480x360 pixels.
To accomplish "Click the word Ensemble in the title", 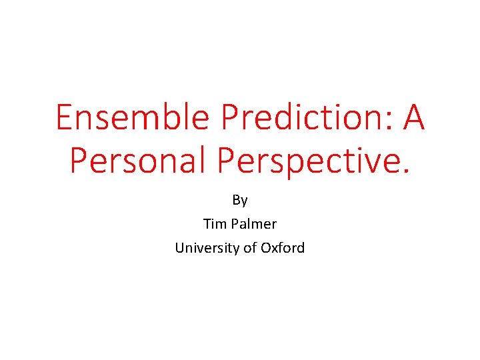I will [133, 118].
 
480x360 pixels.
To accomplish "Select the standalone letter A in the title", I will [413, 118].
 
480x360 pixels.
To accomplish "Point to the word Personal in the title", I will [140, 161].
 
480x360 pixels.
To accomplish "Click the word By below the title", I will [240, 200].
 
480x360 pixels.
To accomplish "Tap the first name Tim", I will [214, 223].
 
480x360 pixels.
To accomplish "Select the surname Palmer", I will [253, 223].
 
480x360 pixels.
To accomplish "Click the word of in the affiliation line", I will [249, 248].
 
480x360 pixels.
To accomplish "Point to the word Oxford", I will [283, 248].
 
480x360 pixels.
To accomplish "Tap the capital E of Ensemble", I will [63, 118].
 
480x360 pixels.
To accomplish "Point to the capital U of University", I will [180, 248].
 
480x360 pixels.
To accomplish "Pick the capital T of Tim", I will [207, 223].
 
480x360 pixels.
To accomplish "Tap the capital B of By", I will [236, 199].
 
